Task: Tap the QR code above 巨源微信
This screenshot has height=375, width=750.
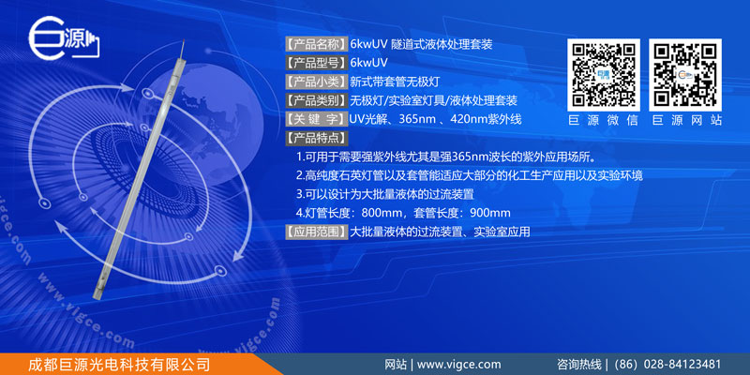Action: [604, 75]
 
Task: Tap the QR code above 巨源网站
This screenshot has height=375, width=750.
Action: [685, 75]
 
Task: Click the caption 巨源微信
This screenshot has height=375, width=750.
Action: [604, 121]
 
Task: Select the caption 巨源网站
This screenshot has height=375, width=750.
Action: [685, 121]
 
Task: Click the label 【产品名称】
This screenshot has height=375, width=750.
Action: [317, 45]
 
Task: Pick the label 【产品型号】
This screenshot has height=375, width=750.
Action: [317, 63]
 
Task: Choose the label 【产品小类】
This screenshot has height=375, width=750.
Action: [317, 82]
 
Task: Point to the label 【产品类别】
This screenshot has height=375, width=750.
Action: [317, 100]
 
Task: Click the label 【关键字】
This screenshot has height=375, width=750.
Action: [317, 119]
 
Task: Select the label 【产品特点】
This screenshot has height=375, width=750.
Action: [317, 138]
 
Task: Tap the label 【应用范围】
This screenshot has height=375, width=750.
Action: [317, 232]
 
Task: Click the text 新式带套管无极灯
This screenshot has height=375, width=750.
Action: [395, 82]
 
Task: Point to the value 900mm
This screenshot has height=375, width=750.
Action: [490, 213]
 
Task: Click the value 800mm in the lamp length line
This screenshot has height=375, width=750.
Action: [382, 213]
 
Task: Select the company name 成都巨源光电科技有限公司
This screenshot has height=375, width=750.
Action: [119, 365]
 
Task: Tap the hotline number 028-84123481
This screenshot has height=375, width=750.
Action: [682, 365]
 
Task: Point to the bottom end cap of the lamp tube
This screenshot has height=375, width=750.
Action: [98, 290]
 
